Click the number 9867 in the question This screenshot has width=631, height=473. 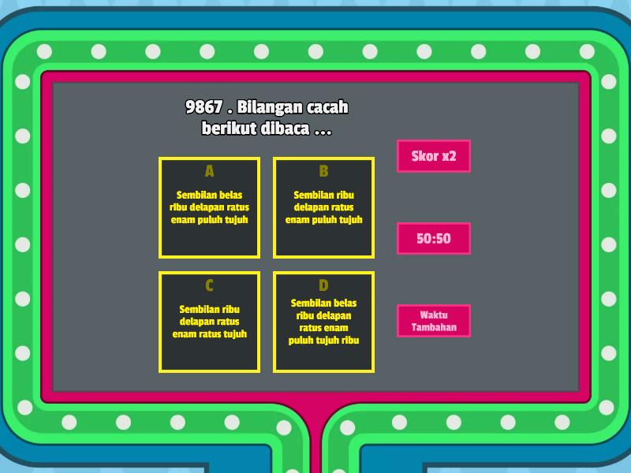[203, 107]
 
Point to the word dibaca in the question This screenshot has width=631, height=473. [282, 128]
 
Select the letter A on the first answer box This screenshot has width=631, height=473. [209, 171]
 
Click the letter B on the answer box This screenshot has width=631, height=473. [323, 171]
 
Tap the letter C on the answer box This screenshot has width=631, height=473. [209, 285]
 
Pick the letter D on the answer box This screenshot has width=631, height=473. [323, 285]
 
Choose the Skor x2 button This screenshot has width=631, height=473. [434, 156]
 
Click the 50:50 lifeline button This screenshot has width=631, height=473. [434, 238]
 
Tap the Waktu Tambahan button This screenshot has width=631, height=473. [434, 321]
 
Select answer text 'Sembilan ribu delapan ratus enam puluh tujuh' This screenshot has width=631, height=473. [323, 207]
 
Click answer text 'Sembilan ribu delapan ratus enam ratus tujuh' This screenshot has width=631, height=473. [209, 322]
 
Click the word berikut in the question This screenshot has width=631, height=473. [226, 128]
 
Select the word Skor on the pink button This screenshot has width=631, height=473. [424, 156]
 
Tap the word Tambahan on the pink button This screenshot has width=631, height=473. [434, 327]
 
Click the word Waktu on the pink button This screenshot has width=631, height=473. [434, 315]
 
